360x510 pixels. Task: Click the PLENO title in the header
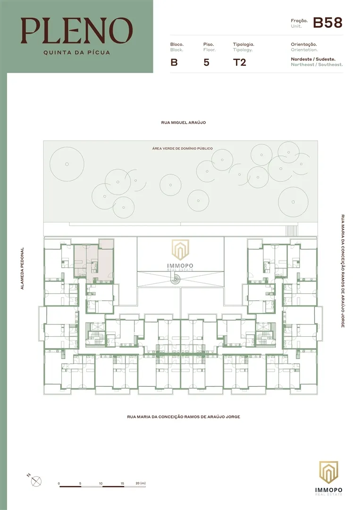click(x=77, y=31)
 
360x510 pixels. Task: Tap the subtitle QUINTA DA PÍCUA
click(x=77, y=52)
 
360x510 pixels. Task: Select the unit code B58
click(x=327, y=23)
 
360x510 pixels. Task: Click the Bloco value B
click(x=174, y=62)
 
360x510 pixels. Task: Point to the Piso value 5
click(x=206, y=62)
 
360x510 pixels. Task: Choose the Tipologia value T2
click(x=240, y=62)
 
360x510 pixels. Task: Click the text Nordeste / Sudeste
click(x=313, y=59)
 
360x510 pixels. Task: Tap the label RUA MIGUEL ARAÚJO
click(x=184, y=123)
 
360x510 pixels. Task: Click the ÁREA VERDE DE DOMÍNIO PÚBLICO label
click(x=183, y=148)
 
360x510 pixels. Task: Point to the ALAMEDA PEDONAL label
click(x=23, y=269)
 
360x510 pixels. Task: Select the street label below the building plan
click(x=184, y=416)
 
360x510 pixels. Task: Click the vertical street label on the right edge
click(x=343, y=271)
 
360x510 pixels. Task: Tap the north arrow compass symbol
click(x=36, y=481)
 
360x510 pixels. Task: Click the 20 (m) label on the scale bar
click(x=141, y=484)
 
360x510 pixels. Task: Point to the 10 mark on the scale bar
click(x=100, y=484)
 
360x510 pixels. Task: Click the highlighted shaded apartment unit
click(x=93, y=261)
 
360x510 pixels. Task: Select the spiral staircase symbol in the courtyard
click(x=176, y=278)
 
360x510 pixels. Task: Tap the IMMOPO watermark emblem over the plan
click(x=180, y=255)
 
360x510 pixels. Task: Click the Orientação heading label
click(x=304, y=44)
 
